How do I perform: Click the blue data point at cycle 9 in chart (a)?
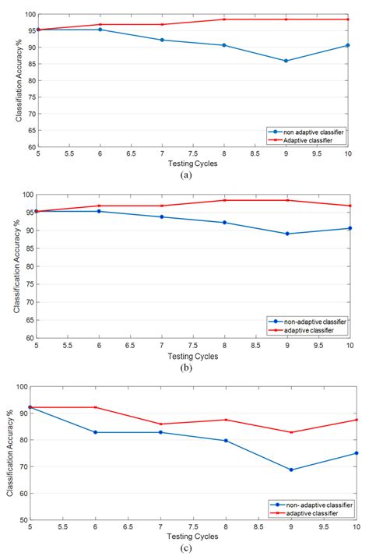[286, 61]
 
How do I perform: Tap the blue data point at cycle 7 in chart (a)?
[162, 40]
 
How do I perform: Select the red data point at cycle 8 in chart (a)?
[224, 19]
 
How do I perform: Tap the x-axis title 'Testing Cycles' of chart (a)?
[192, 164]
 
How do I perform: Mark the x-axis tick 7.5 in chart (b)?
[193, 346]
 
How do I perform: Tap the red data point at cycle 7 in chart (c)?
[162, 424]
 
